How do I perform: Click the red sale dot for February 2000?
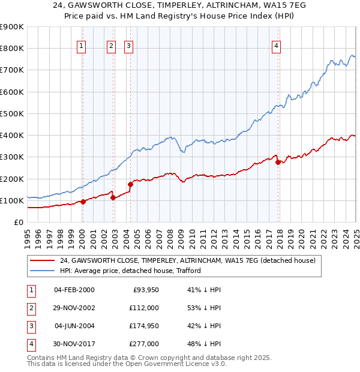(83, 202)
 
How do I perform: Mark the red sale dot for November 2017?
(278, 162)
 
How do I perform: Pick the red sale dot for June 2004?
(130, 184)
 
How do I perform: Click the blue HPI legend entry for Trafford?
(130, 271)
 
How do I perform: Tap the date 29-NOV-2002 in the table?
(74, 308)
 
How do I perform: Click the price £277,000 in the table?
(145, 344)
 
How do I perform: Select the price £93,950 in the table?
(145, 290)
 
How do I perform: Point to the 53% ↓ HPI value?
(205, 308)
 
